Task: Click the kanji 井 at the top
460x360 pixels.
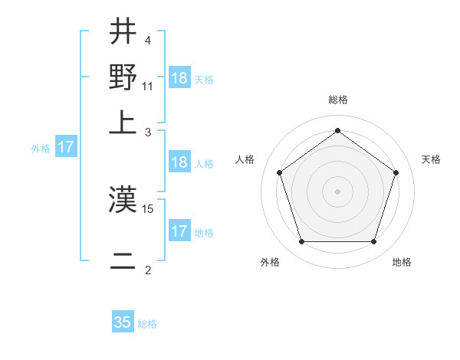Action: coord(123,33)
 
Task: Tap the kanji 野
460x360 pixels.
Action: coord(123,77)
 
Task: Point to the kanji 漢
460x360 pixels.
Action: coord(123,201)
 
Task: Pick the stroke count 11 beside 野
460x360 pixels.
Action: coord(148,86)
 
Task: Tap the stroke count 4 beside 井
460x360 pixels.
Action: coord(148,40)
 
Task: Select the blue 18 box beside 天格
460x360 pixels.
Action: coord(179,79)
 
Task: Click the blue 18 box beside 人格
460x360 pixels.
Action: coord(179,162)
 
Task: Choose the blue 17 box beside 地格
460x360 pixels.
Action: coord(179,231)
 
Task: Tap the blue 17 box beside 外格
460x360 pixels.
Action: coord(66,147)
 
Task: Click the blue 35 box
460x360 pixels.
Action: coord(123,322)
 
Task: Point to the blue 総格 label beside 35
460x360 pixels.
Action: coord(147,324)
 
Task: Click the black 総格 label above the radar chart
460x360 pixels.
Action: coord(337,100)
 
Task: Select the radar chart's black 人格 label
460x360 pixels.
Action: coord(245,159)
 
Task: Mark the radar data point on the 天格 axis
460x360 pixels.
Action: coord(396,172)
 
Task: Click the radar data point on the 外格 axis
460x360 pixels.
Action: coord(301,242)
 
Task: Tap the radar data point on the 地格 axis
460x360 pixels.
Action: coord(373,242)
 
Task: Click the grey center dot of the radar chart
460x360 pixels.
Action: coord(337,191)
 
